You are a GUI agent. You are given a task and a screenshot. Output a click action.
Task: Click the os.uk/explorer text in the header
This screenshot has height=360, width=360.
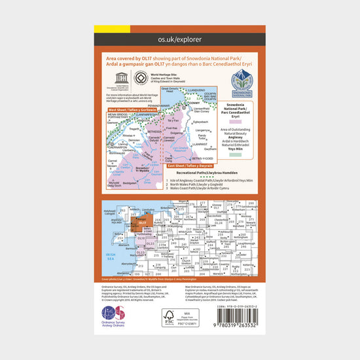[179, 39]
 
